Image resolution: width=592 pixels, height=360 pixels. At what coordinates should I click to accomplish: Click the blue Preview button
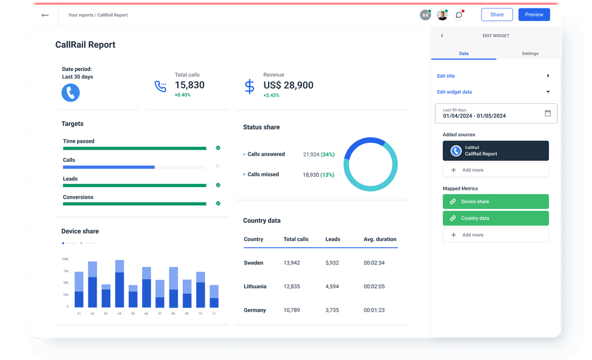[x=534, y=15]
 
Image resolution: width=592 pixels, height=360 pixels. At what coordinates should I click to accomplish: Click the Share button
[x=497, y=15]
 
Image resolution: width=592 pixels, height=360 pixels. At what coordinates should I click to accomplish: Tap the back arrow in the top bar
[x=45, y=16]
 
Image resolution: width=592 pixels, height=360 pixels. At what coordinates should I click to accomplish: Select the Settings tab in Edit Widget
[x=529, y=54]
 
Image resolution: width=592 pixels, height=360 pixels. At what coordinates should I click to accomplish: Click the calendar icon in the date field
[x=548, y=113]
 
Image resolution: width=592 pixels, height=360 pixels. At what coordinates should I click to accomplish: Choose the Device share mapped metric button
[x=495, y=202]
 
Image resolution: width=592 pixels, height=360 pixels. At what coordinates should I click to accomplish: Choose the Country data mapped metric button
[x=495, y=219]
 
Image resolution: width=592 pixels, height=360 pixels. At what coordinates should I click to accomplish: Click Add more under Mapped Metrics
[x=495, y=235]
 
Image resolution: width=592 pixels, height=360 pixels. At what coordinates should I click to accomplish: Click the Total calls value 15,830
[x=189, y=85]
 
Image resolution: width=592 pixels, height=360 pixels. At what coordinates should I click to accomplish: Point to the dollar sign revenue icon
[x=249, y=87]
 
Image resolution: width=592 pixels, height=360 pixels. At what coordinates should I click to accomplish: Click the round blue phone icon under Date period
[x=70, y=93]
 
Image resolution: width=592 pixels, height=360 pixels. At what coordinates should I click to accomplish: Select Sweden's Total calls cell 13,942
[x=292, y=263]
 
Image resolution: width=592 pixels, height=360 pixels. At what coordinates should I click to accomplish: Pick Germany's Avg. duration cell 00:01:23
[x=374, y=310]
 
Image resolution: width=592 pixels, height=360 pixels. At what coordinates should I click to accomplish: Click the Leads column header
[x=332, y=239]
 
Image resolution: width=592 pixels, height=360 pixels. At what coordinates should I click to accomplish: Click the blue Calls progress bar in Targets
[x=109, y=167]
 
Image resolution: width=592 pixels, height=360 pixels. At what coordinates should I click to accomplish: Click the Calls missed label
[x=263, y=175]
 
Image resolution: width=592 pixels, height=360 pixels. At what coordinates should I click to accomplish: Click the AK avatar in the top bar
[x=425, y=16]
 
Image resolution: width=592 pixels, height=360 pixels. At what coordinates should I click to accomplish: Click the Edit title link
[x=446, y=76]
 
